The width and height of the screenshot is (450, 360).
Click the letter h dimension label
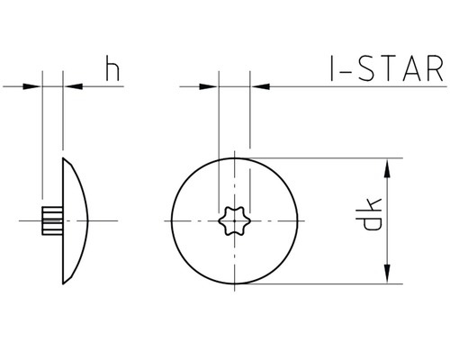pyautogui.click(x=112, y=70)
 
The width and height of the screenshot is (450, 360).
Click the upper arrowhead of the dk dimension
pyautogui.click(x=387, y=166)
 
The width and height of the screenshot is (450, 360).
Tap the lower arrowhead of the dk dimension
pyautogui.click(x=387, y=276)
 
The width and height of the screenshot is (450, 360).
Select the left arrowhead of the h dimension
pyautogui.click(x=34, y=87)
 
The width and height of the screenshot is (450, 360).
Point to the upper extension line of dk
pyautogui.click(x=324, y=158)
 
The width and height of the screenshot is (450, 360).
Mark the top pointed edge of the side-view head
pyautogui.click(x=64, y=159)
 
